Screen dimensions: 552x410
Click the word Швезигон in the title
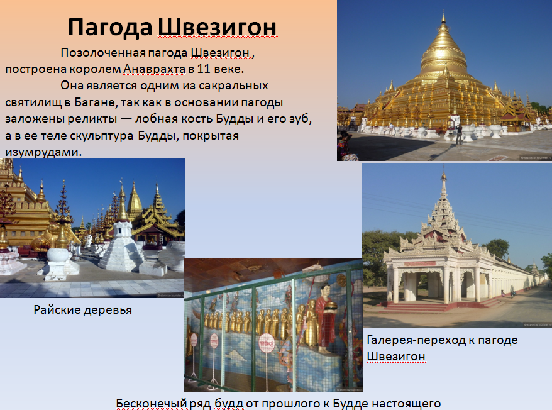tap(217, 27)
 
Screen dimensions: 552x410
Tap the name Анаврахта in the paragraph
tap(154, 69)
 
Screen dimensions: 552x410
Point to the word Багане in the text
tap(95, 102)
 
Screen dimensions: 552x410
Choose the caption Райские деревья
tap(83, 310)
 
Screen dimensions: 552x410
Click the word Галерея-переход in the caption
tap(416, 340)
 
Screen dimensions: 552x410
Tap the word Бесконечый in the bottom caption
tap(152, 404)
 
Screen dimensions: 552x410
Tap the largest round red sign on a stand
tap(267, 343)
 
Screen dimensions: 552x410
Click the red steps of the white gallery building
tap(416, 307)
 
